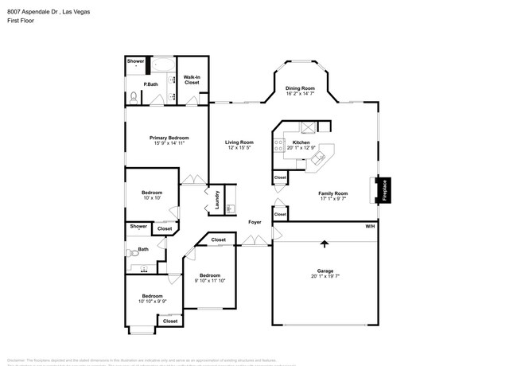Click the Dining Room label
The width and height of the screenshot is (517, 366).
pyautogui.click(x=300, y=88)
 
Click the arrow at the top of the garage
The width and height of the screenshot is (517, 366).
pyautogui.click(x=324, y=243)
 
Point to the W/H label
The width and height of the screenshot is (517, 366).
pyautogui.click(x=370, y=227)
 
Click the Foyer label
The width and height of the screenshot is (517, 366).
pyautogui.click(x=255, y=222)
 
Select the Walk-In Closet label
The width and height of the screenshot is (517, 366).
pyautogui.click(x=191, y=80)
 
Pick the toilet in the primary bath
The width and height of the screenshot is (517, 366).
pyautogui.click(x=134, y=97)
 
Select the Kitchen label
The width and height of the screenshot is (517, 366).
pyautogui.click(x=301, y=142)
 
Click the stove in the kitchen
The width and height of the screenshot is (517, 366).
pyautogui.click(x=278, y=145)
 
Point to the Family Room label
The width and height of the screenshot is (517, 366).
pyautogui.click(x=333, y=193)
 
